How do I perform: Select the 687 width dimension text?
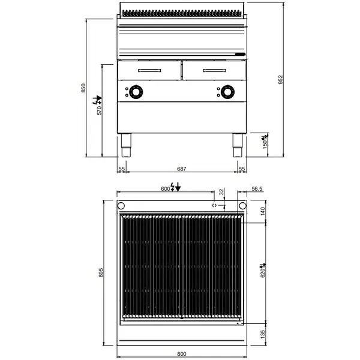click(181, 170)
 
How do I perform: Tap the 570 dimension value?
click(100, 109)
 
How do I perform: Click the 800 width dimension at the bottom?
click(181, 355)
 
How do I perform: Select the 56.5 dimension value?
click(257, 188)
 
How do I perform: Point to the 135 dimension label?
click(262, 333)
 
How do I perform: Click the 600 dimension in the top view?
click(165, 188)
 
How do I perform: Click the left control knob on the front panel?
click(137, 92)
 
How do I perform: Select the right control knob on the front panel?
click(227, 92)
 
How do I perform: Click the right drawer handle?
click(212, 71)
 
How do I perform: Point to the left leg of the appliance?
click(127, 146)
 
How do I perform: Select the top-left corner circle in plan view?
click(121, 206)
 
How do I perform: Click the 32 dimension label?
click(221, 193)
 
